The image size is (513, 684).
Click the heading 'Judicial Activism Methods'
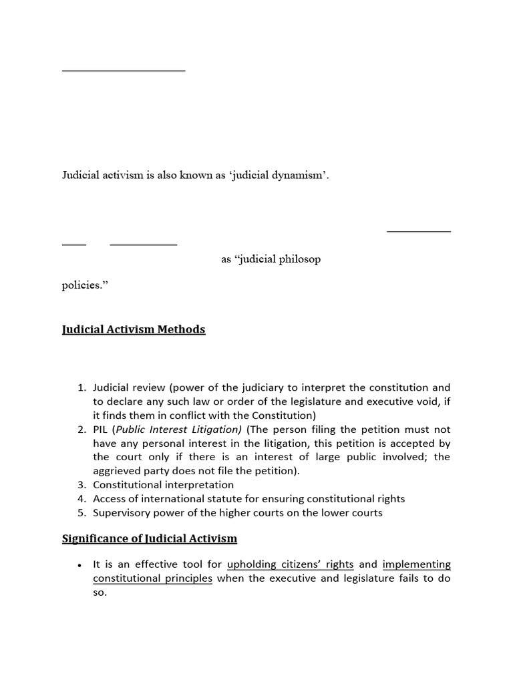pyautogui.click(x=134, y=329)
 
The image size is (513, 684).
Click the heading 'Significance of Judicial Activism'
pyautogui.click(x=150, y=538)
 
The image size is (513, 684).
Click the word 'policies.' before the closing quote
pyautogui.click(x=83, y=285)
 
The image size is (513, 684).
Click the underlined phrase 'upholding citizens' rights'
pyautogui.click(x=290, y=564)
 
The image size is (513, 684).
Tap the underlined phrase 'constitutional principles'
pyautogui.click(x=152, y=578)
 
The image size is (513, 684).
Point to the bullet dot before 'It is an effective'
pyautogui.click(x=80, y=565)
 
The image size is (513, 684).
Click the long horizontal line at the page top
pyautogui.click(x=124, y=70)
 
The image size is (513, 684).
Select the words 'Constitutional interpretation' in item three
pyautogui.click(x=164, y=484)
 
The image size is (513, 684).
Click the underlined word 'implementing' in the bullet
pyautogui.click(x=416, y=564)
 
